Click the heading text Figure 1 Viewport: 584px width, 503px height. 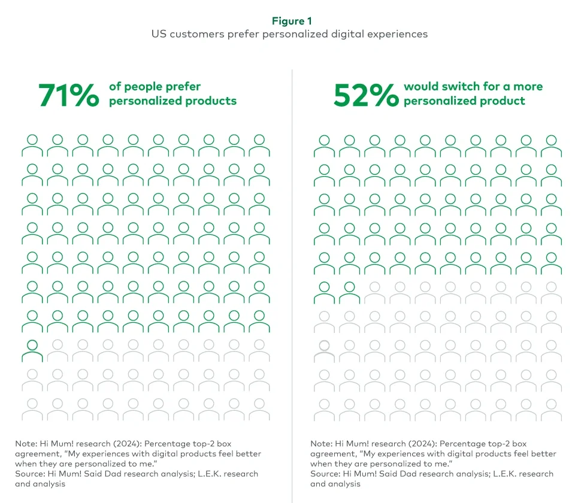pyautogui.click(x=292, y=21)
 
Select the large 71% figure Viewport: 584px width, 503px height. pyautogui.click(x=68, y=95)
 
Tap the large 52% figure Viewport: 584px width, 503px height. pyautogui.click(x=365, y=95)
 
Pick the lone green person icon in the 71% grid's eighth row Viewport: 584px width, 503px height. pyautogui.click(x=32, y=350)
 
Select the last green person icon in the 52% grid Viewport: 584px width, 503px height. pyautogui.click(x=349, y=292)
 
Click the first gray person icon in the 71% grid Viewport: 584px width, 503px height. pyautogui.click(x=58, y=350)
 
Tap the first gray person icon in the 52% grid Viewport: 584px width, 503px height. pyautogui.click(x=374, y=292)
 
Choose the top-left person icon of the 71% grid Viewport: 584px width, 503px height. pyautogui.click(x=32, y=146)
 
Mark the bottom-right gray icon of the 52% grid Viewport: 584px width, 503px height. pyautogui.click(x=551, y=409)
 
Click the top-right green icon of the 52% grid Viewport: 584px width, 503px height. pyautogui.click(x=551, y=146)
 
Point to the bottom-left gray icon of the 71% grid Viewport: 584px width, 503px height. pyautogui.click(x=32, y=409)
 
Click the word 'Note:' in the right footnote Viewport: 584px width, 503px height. pyautogui.click(x=322, y=444)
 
